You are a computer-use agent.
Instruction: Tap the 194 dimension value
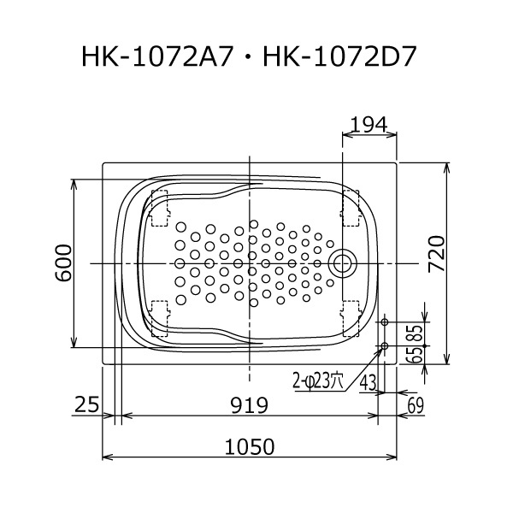(x=369, y=125)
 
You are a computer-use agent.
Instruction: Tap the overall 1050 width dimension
(x=250, y=445)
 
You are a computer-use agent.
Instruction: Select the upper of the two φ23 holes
(x=384, y=321)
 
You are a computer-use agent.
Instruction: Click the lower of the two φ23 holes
(x=384, y=346)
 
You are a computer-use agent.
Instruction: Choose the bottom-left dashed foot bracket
(x=160, y=316)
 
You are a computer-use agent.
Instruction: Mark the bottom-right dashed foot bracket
(x=351, y=316)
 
